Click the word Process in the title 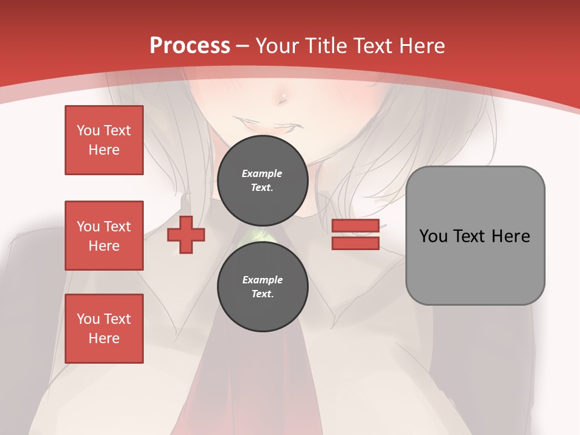[190, 46]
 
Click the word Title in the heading [327, 46]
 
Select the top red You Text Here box [104, 140]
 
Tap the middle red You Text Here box [104, 236]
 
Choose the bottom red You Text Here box [104, 329]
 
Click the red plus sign [185, 235]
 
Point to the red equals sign [355, 235]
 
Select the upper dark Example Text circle [262, 180]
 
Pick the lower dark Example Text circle [262, 286]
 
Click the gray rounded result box [475, 235]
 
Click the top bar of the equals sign [355, 226]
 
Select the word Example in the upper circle [262, 173]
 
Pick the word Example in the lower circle [262, 280]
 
